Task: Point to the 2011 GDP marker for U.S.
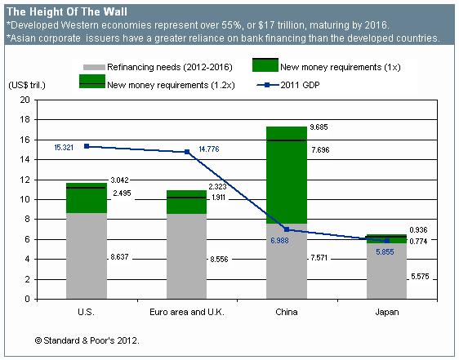pos(87,146)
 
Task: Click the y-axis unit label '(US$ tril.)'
pos(29,85)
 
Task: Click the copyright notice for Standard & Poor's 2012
pos(87,339)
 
